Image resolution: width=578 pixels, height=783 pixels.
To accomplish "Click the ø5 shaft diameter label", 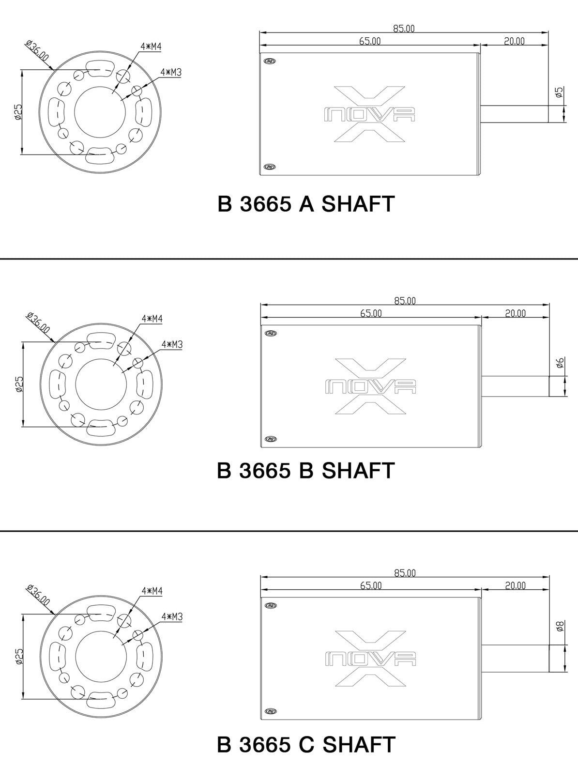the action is pyautogui.click(x=559, y=92).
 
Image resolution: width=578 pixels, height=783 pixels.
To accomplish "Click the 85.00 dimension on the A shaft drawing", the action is pyautogui.click(x=404, y=28).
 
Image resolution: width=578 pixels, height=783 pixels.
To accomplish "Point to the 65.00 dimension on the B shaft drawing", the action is pyautogui.click(x=371, y=313).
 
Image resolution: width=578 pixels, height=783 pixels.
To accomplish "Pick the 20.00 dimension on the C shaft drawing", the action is pyautogui.click(x=515, y=585).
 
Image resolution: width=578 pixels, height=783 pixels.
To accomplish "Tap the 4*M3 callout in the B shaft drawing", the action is pyautogui.click(x=172, y=344).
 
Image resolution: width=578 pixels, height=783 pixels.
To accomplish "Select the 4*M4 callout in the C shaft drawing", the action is pyautogui.click(x=152, y=591).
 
